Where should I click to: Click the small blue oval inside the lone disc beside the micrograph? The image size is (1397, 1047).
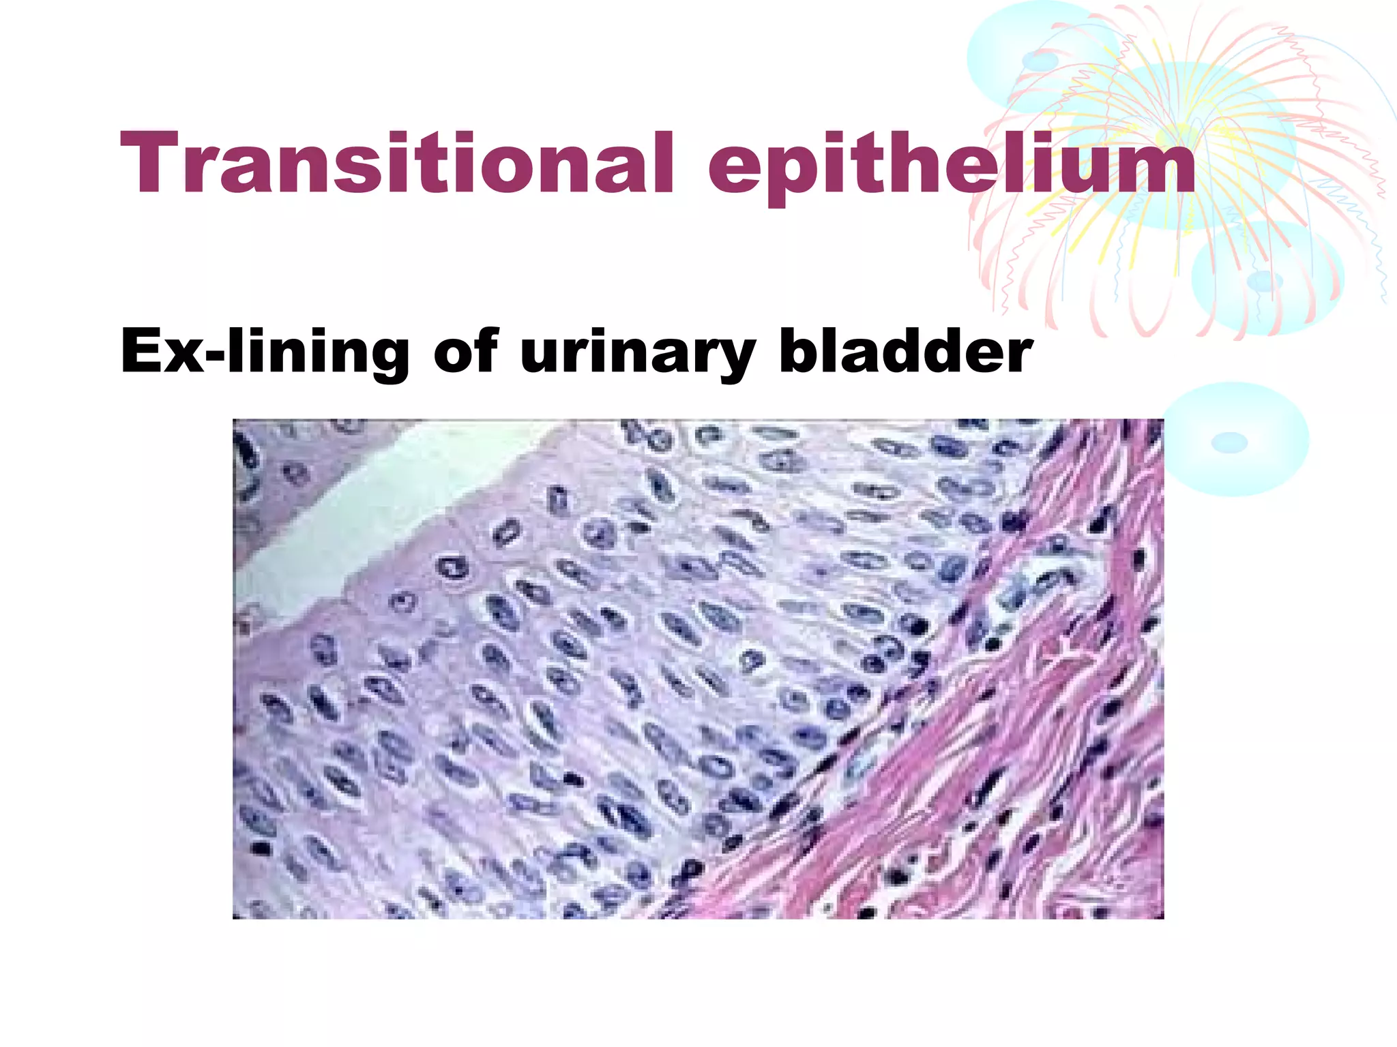pyautogui.click(x=1229, y=443)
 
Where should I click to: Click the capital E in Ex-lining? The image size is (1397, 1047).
pyautogui.click(x=141, y=351)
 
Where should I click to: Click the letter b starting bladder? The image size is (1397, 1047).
pyautogui.click(x=797, y=351)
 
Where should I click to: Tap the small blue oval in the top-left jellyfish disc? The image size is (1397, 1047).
pyautogui.click(x=1040, y=61)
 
